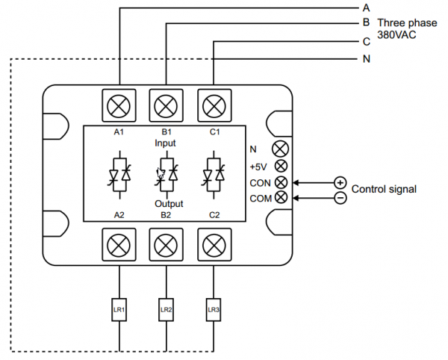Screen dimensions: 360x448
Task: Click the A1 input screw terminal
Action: (x=119, y=105)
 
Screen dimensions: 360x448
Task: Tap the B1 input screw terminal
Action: (x=167, y=105)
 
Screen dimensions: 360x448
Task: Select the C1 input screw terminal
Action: (x=214, y=105)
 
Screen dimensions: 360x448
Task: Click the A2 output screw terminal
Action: (x=119, y=244)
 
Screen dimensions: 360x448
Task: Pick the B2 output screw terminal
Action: (x=167, y=244)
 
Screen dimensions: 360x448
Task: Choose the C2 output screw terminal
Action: (x=214, y=244)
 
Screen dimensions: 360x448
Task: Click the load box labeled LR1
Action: (x=119, y=308)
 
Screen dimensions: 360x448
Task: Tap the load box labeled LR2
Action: (x=167, y=308)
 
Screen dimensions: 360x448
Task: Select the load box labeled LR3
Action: (x=214, y=308)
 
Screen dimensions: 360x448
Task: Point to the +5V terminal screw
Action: (x=281, y=167)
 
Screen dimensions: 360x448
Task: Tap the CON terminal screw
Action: (x=281, y=182)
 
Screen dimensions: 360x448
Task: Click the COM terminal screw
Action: (x=281, y=197)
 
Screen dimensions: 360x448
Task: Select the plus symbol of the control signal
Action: (x=340, y=182)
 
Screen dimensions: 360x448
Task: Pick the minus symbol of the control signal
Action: (x=340, y=197)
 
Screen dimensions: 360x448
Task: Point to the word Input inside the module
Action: (x=166, y=142)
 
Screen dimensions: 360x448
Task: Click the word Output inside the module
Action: (x=169, y=203)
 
